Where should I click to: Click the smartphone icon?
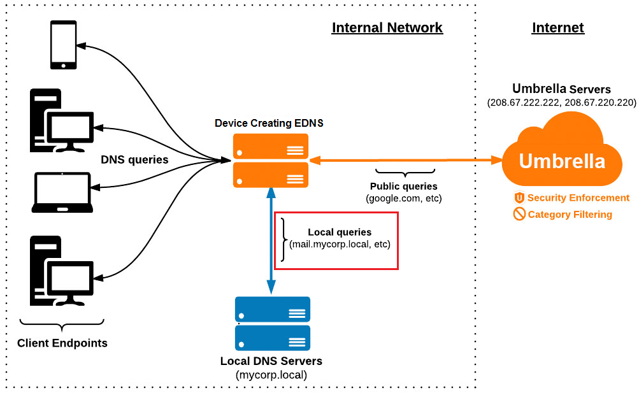point(64,45)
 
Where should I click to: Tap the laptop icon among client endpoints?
point(62,192)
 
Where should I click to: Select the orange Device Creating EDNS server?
point(271,161)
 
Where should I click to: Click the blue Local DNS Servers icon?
point(272,324)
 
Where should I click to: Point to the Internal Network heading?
point(387,27)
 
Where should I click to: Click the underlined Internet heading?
point(557,27)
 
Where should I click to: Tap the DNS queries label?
point(134,159)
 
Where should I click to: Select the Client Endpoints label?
point(62,343)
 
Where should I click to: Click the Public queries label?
point(403,187)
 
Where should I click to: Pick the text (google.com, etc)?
point(403,199)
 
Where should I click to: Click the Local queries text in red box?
point(339,232)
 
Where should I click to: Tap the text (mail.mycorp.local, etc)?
point(339,244)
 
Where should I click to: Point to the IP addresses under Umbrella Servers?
point(561,102)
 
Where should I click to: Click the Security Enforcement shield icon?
point(519,197)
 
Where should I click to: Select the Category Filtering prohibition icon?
point(519,214)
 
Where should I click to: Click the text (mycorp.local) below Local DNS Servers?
point(271,375)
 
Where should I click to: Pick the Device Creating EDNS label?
point(269,123)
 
